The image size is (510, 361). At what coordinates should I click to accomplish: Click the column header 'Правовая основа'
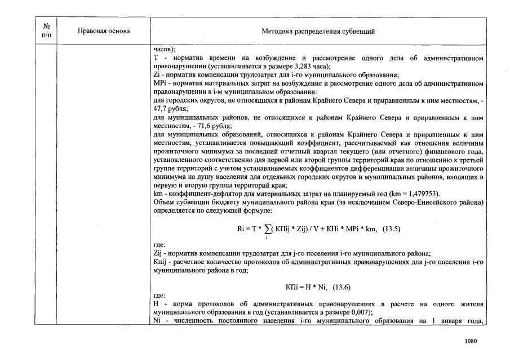(x=103, y=31)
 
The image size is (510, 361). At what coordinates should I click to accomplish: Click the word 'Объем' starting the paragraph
(x=163, y=202)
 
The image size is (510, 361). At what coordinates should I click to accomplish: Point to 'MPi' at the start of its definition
(x=159, y=83)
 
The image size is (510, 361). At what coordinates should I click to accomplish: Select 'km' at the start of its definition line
(x=157, y=193)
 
